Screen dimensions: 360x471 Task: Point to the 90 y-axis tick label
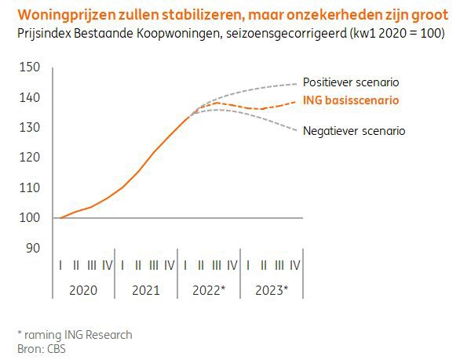pos(31,248)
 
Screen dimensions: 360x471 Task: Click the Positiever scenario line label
pos(353,82)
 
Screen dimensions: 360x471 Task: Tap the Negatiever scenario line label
pos(354,131)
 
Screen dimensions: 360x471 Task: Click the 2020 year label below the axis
pos(83,290)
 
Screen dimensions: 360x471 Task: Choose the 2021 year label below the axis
pos(145,290)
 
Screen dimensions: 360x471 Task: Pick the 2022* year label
pos(209,290)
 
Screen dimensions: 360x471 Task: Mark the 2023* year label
pos(272,290)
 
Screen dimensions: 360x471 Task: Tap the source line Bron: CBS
pos(42,348)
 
